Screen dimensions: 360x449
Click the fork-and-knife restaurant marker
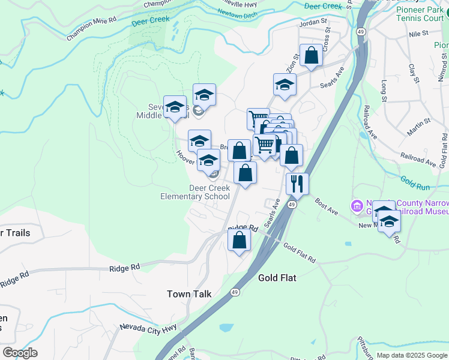[297, 184]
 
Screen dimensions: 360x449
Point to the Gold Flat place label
[277, 278]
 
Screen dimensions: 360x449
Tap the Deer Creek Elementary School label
[195, 192]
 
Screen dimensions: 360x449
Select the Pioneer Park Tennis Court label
[420, 13]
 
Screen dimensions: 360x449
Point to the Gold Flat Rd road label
[300, 253]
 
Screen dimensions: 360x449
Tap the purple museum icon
[358, 206]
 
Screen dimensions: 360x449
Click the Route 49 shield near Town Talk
[233, 293]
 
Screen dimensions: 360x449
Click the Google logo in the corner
[20, 352]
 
